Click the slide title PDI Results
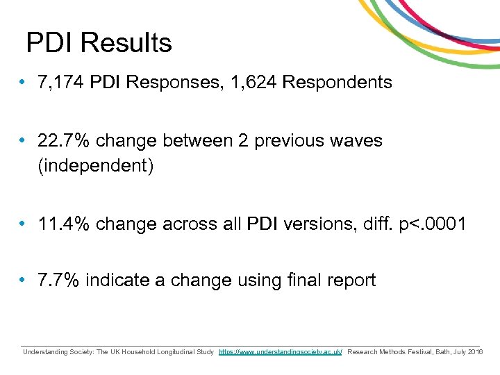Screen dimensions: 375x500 click(x=99, y=43)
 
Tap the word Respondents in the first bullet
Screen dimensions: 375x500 click(x=337, y=83)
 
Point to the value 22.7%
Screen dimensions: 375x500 click(x=65, y=140)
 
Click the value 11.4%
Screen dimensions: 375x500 click(x=65, y=224)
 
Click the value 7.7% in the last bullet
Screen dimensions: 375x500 click(x=59, y=281)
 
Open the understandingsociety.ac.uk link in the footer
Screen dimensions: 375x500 click(x=281, y=353)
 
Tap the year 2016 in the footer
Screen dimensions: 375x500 click(x=476, y=353)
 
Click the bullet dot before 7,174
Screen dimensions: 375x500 click(x=23, y=83)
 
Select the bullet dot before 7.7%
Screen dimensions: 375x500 click(x=23, y=281)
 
